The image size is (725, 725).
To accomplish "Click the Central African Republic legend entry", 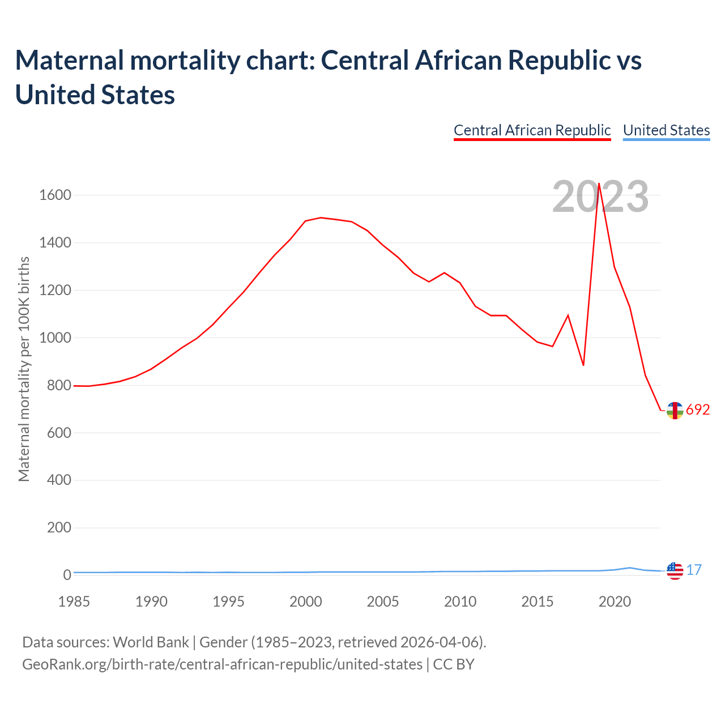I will click(x=532, y=130).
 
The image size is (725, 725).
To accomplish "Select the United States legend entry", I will click(x=666, y=130).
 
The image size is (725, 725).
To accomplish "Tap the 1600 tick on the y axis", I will click(x=55, y=195).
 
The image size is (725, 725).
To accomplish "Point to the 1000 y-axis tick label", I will click(x=55, y=338).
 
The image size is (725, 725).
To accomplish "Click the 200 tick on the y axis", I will click(x=59, y=528).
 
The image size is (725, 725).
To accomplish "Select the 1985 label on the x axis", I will click(x=74, y=602).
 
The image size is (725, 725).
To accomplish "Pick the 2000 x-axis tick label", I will click(x=305, y=602).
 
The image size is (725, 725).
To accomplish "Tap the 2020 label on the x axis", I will click(x=615, y=602).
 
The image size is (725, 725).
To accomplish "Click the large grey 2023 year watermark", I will click(x=600, y=197).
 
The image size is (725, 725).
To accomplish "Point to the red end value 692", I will click(x=698, y=410).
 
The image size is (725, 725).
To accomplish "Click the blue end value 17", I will click(x=694, y=570).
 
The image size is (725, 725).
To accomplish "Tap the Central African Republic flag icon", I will click(x=675, y=410).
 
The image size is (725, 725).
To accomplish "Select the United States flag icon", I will click(x=675, y=571).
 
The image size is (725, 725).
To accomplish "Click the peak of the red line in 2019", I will click(x=599, y=184).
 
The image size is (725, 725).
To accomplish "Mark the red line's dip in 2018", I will click(x=583, y=365).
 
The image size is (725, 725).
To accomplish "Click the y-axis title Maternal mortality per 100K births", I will click(x=24, y=369).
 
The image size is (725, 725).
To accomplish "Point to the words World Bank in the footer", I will click(x=151, y=642).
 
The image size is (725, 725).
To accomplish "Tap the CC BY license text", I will click(x=454, y=664).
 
